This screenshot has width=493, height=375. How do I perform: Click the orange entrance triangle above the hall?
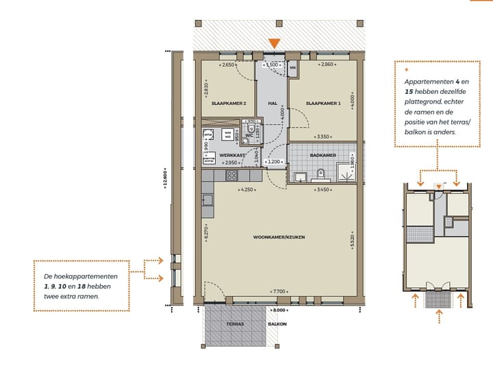tap(274, 44)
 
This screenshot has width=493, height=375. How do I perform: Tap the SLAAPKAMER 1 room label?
tap(323, 104)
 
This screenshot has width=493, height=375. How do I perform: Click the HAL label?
tap(272, 104)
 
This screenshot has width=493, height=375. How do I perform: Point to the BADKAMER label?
tap(323, 156)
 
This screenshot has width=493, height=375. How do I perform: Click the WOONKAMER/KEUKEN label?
tap(279, 237)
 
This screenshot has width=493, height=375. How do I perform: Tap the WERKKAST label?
tap(231, 156)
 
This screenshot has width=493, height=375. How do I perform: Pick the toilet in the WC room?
tap(251, 128)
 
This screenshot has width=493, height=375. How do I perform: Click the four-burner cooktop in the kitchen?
tap(233, 176)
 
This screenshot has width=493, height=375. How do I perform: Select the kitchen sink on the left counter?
tap(207, 200)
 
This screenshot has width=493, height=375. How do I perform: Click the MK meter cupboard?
tap(292, 68)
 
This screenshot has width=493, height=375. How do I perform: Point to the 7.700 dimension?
tap(279, 291)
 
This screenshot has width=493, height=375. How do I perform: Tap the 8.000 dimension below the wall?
tap(279, 310)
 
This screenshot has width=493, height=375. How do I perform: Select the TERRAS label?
tap(236, 324)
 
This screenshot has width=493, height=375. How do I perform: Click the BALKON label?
tap(277, 324)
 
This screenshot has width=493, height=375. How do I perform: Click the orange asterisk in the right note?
tap(406, 69)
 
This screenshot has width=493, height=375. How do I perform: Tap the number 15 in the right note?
tap(410, 90)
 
